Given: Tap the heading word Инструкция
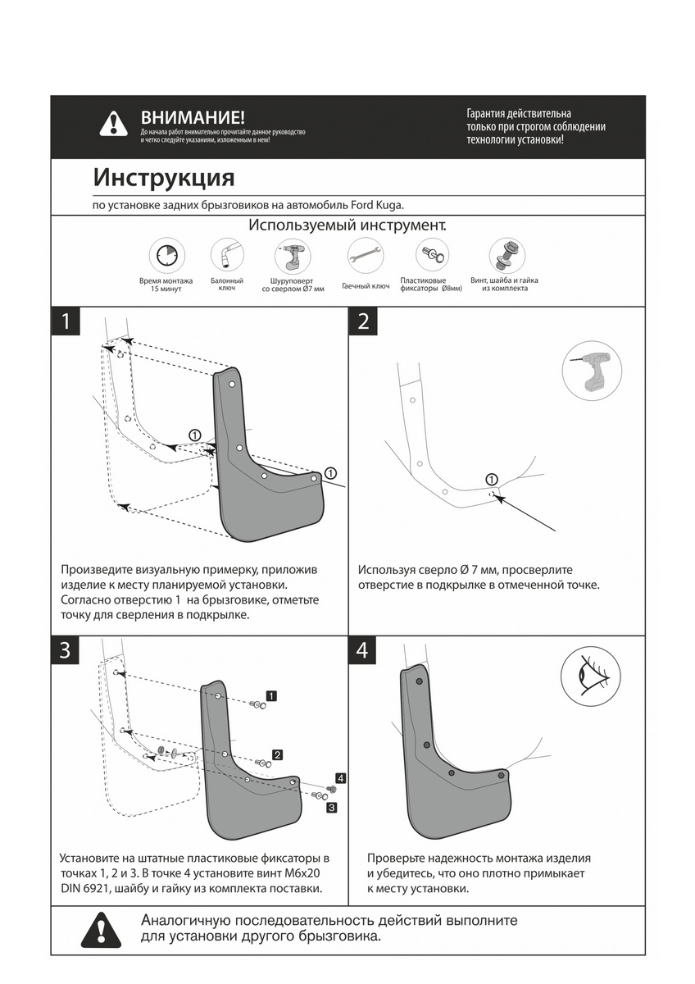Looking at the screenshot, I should tap(163, 178).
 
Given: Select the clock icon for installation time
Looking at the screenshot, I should tap(166, 255).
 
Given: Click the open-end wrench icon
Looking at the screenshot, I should tap(365, 256).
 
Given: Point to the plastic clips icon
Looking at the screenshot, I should tap(430, 254).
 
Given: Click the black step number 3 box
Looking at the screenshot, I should tap(66, 651).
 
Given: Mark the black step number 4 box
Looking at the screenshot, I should tap(363, 651).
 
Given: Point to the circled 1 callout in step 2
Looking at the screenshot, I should tap(491, 479).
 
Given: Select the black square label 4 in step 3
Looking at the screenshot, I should tap(340, 777).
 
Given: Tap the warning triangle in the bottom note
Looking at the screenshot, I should tap(101, 929).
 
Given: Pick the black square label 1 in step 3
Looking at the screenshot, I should tap(271, 695).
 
